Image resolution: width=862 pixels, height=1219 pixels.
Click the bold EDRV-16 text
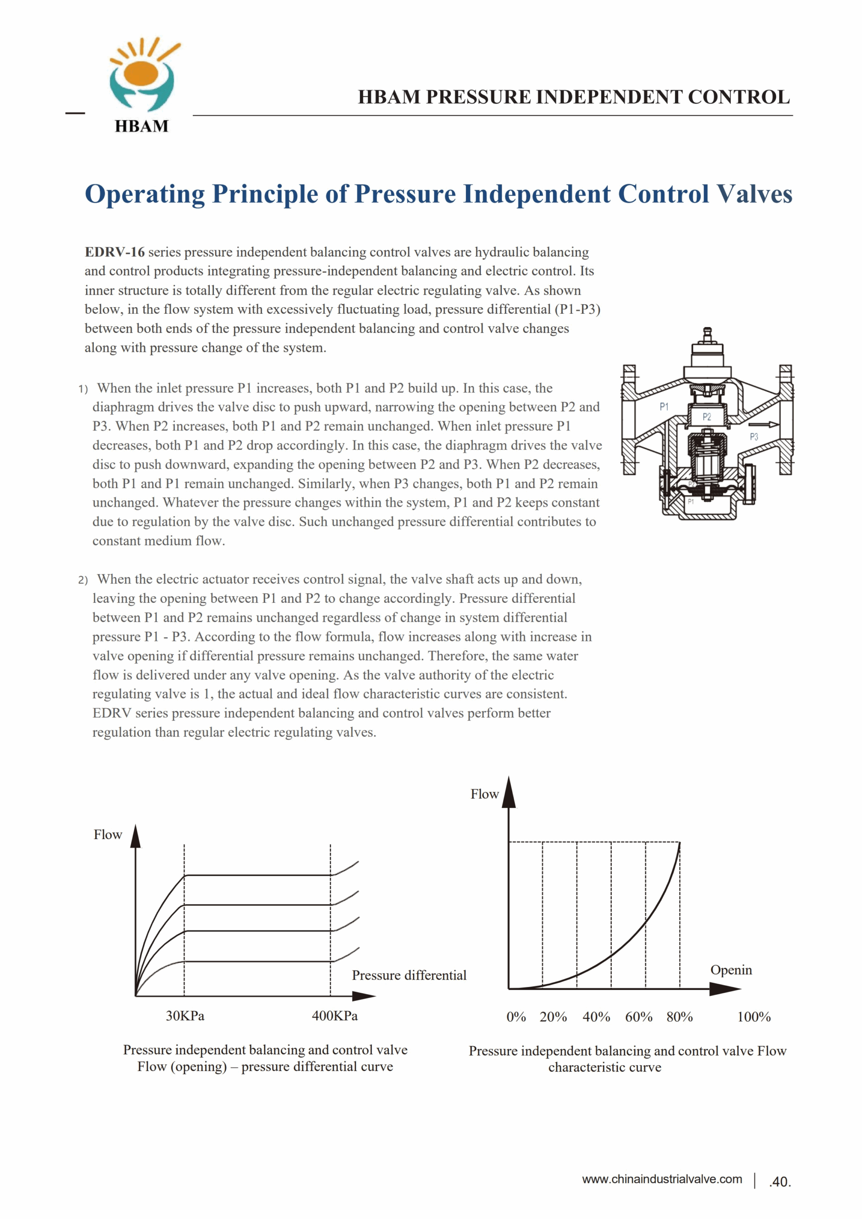[x=115, y=252]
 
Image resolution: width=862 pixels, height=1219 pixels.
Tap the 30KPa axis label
[x=185, y=1016]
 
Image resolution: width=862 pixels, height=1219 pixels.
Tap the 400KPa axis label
[x=335, y=1016]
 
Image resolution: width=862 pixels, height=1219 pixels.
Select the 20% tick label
[x=553, y=1017]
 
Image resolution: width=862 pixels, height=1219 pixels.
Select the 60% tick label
[x=639, y=1017]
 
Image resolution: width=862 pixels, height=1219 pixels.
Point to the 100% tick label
[x=754, y=1017]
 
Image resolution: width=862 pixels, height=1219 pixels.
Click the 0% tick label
[x=516, y=1017]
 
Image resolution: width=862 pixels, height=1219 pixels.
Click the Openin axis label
[x=731, y=970]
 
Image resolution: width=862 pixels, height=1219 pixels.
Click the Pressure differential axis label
[x=409, y=975]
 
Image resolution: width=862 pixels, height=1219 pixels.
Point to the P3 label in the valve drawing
[x=754, y=437]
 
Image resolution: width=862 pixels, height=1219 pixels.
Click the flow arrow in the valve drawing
[x=763, y=424]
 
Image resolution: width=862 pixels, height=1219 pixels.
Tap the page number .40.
[x=780, y=1182]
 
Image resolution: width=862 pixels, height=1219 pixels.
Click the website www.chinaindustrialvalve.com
[x=662, y=1179]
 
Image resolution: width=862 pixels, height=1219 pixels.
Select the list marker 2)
[x=83, y=580]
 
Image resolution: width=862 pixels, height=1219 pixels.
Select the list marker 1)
[x=83, y=389]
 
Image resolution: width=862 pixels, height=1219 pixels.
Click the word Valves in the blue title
[x=754, y=194]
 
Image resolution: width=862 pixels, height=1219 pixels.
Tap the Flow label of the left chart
[x=108, y=835]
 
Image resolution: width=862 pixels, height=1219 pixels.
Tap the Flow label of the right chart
[x=484, y=794]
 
